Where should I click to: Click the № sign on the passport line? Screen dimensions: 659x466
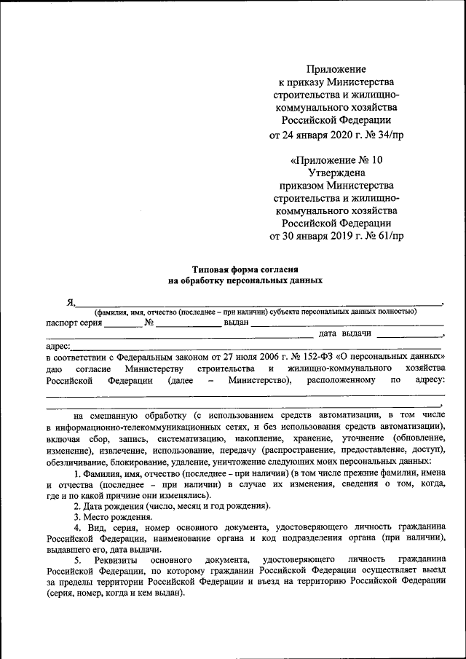(x=149, y=322)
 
